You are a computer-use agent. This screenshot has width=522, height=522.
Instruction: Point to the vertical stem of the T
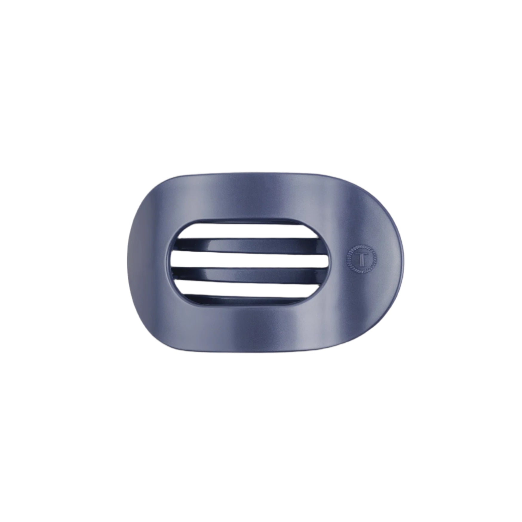pyautogui.click(x=362, y=260)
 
